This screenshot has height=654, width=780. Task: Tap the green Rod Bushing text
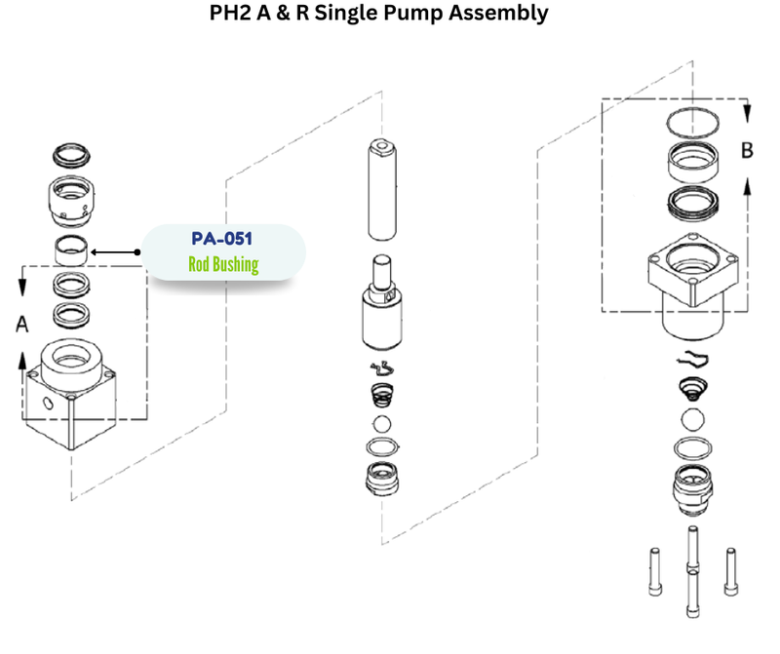[x=223, y=264]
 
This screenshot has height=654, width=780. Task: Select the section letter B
[x=747, y=151]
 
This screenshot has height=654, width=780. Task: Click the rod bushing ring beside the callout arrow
[x=71, y=250]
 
